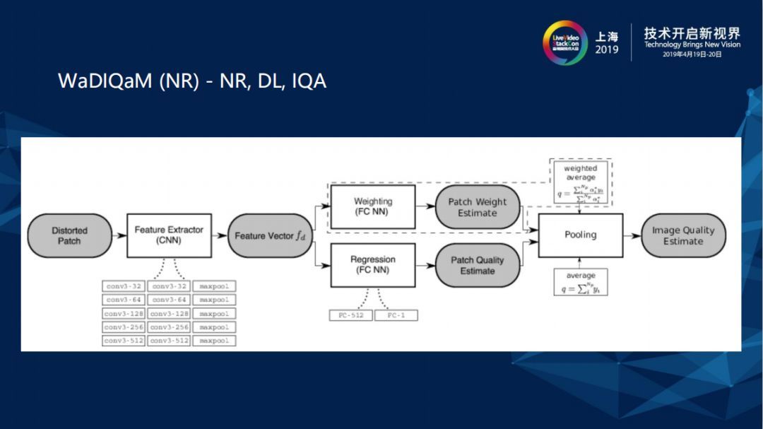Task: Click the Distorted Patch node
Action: [69, 235]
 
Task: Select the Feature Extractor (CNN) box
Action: [169, 235]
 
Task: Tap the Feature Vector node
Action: [269, 235]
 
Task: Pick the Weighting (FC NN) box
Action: [372, 206]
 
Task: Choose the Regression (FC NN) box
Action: [372, 265]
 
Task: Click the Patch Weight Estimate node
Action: [477, 207]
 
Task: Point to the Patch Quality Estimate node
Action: [477, 265]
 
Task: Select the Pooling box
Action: [580, 235]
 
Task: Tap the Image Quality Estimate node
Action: [682, 235]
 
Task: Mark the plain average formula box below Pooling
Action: [580, 281]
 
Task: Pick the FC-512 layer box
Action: [350, 315]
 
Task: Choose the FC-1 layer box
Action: [396, 315]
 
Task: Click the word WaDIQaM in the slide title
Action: [105, 81]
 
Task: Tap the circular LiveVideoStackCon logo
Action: [564, 42]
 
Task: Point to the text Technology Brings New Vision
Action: [692, 45]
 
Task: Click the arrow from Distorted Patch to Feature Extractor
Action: [119, 235]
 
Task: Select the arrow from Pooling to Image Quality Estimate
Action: [632, 235]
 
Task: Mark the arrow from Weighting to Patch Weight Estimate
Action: [425, 206]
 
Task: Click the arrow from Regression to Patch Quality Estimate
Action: [425, 265]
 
